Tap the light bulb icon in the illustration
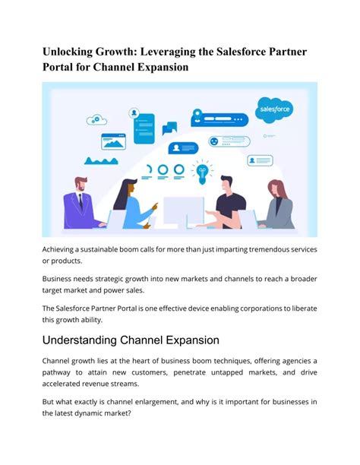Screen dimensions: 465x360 coord(203,172)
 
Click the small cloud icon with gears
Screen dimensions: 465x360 coord(96,119)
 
